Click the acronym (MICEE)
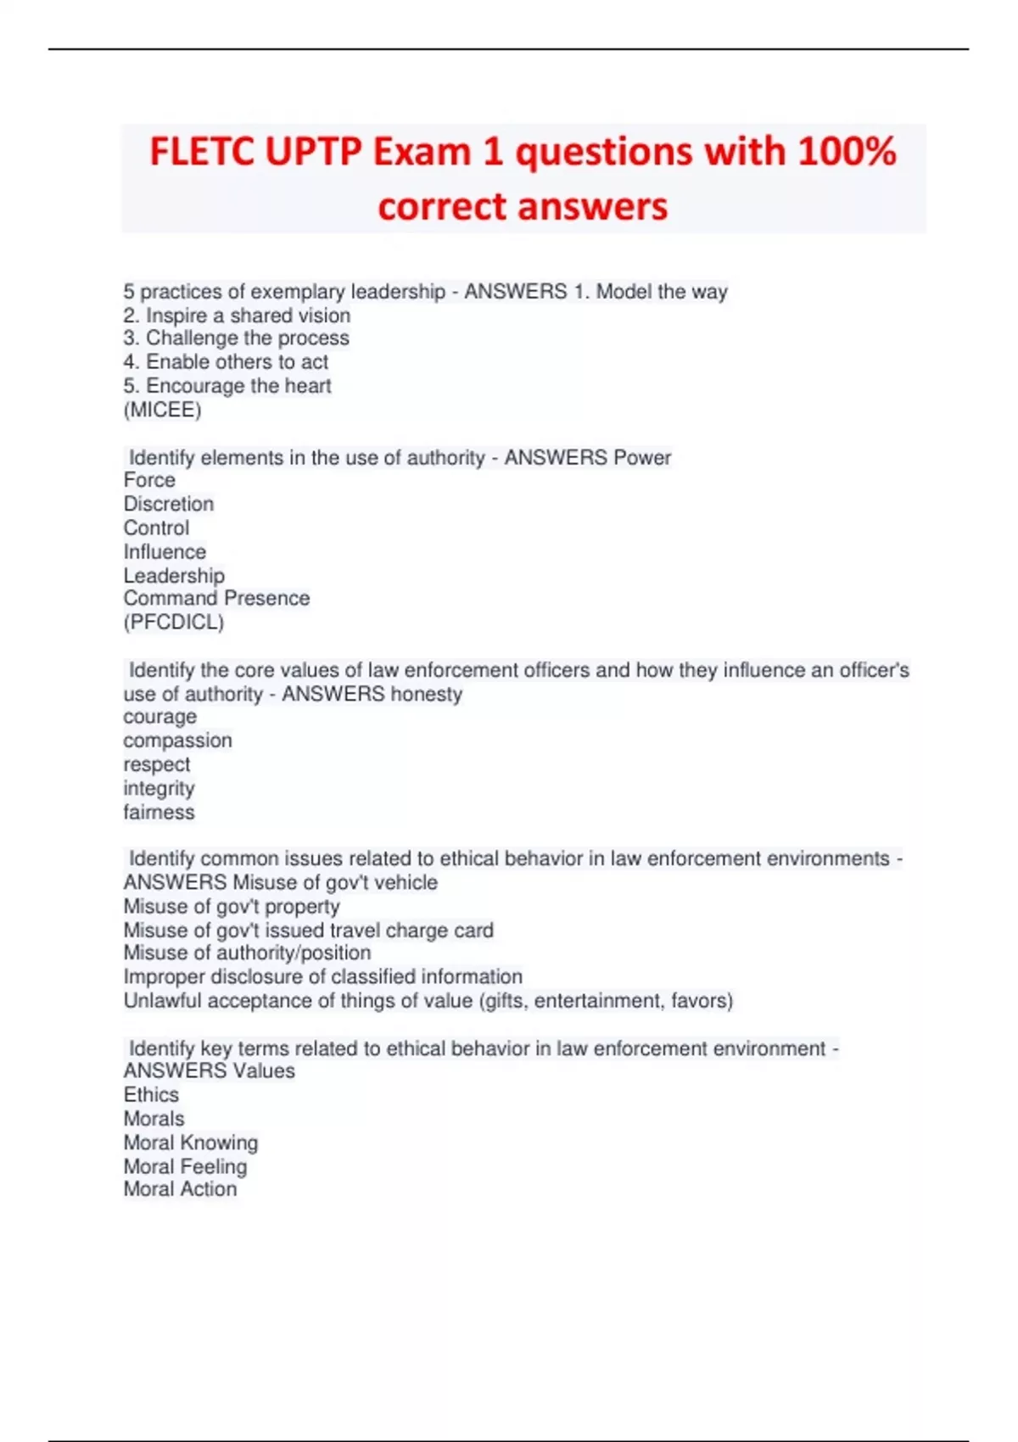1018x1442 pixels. pos(162,411)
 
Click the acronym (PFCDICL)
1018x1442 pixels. pos(174,623)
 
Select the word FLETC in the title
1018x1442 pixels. pos(202,153)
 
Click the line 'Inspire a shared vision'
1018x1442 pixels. pos(237,316)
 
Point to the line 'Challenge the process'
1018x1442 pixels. pos(236,338)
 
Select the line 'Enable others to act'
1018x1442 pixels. pos(226,362)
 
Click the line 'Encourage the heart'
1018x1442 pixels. pos(227,386)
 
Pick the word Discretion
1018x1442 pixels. pos(169,504)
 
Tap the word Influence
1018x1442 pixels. pos(165,552)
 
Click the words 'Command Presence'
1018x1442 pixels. pos(216,599)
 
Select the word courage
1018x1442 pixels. pos(159,717)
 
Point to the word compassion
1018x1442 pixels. pos(177,741)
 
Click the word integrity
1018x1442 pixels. pos(159,789)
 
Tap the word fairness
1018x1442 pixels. pos(159,813)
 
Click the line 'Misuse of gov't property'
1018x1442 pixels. pos(232,907)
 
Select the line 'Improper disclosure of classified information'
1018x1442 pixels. pos(322,977)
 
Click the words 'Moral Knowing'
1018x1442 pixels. pos(191,1143)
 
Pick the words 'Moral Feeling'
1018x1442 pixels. pos(185,1167)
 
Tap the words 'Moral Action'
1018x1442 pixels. pos(180,1190)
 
